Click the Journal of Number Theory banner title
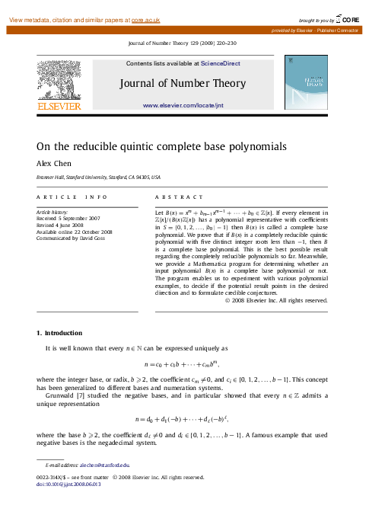194,83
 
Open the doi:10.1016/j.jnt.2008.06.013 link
68,485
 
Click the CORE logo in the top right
345,18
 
